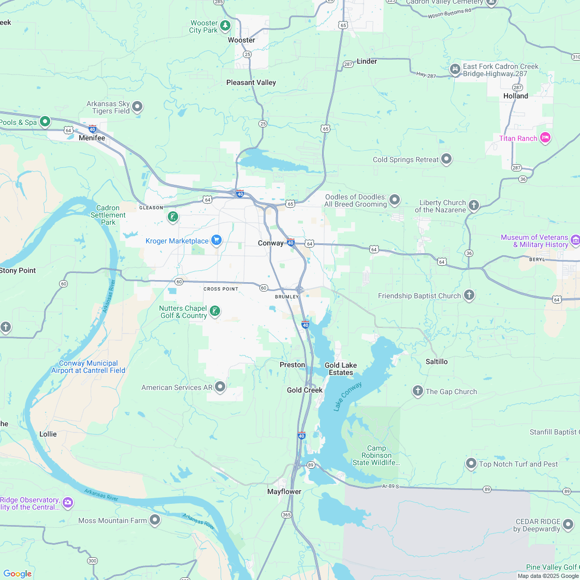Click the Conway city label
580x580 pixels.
pyautogui.click(x=271, y=243)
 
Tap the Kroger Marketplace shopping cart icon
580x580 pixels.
pyautogui.click(x=216, y=240)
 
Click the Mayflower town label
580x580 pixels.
pyautogui.click(x=284, y=491)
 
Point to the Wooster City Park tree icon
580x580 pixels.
pyautogui.click(x=225, y=25)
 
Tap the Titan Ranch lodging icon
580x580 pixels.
pyautogui.click(x=545, y=138)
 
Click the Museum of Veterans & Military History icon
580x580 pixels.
pyautogui.click(x=575, y=240)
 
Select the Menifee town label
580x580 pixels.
pyautogui.click(x=92, y=138)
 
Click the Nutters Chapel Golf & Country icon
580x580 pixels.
pyautogui.click(x=214, y=311)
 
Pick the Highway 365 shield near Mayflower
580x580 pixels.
pyautogui.click(x=286, y=515)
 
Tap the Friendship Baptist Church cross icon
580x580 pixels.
pyautogui.click(x=469, y=295)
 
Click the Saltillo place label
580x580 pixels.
pyautogui.click(x=437, y=361)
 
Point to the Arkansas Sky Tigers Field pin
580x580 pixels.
pyautogui.click(x=137, y=107)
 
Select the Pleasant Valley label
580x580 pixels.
pyautogui.click(x=251, y=82)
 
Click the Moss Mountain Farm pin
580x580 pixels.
pyautogui.click(x=155, y=520)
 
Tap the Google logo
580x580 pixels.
pyautogui.click(x=17, y=573)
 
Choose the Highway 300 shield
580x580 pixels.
pyautogui.click(x=92, y=561)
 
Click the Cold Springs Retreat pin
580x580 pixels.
pyautogui.click(x=446, y=159)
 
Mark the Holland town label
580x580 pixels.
pyautogui.click(x=516, y=96)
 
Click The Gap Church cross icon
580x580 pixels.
pyautogui.click(x=418, y=391)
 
